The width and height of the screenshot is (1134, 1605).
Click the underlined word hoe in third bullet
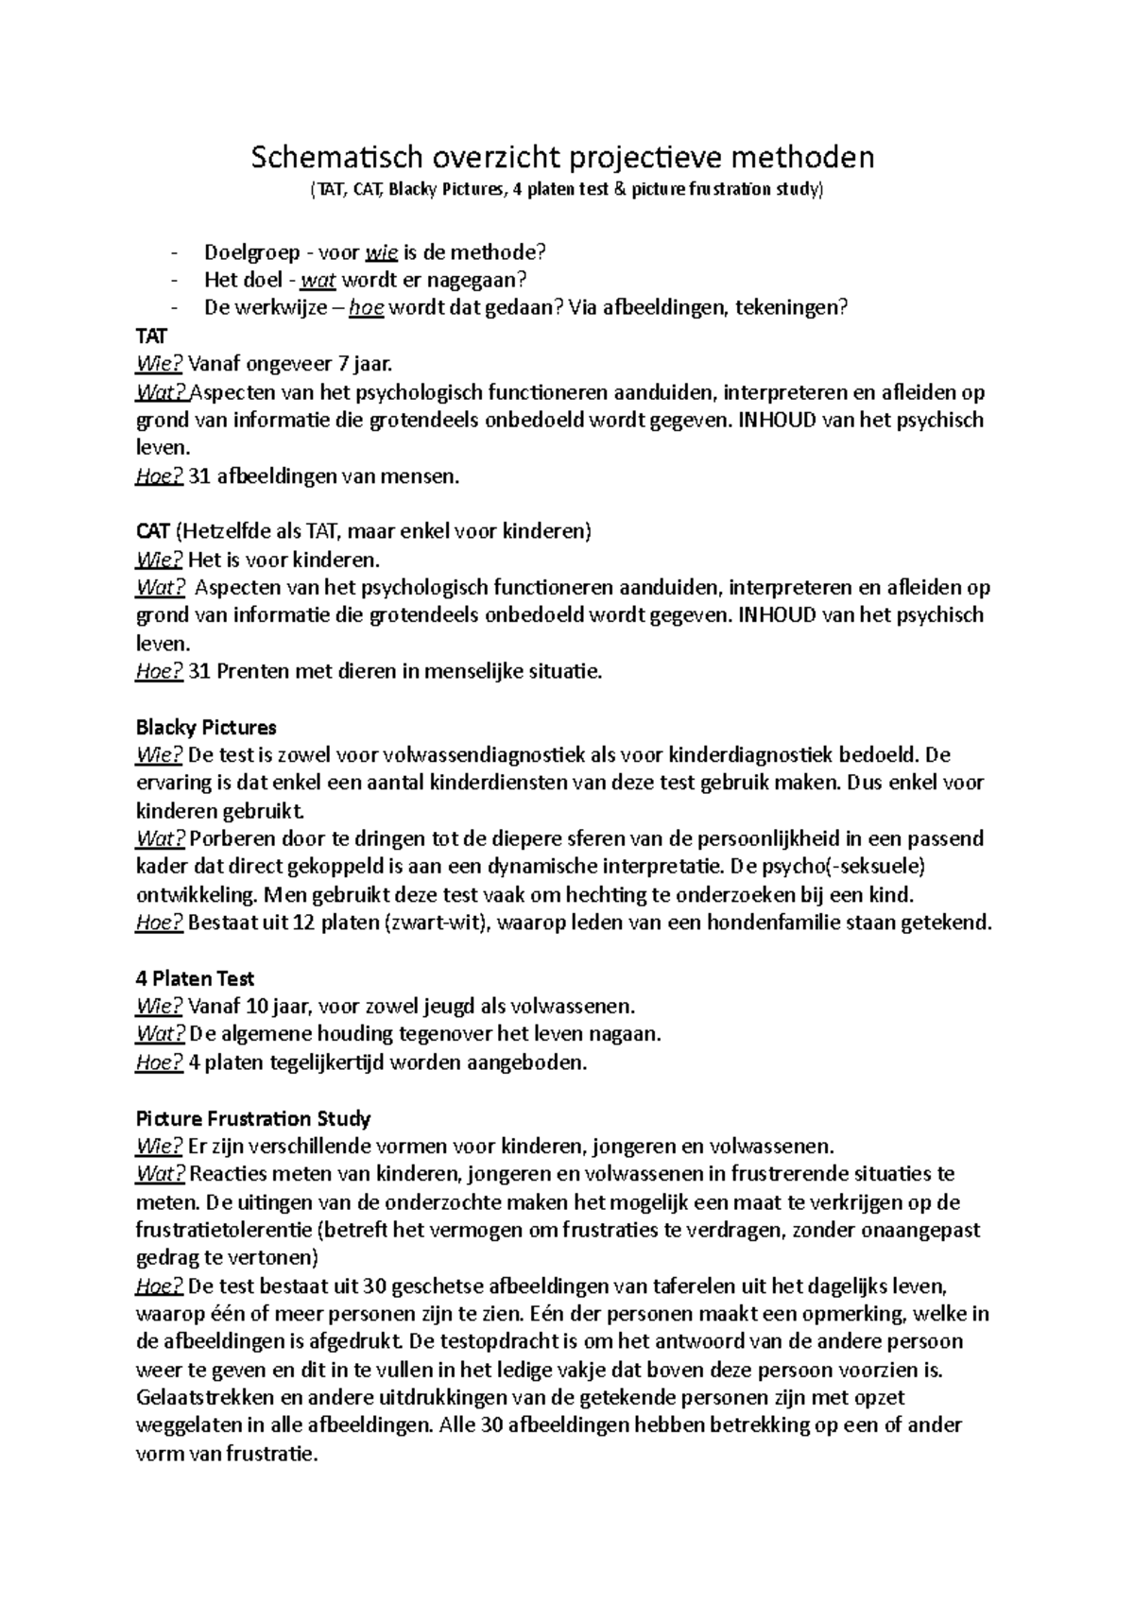(x=366, y=308)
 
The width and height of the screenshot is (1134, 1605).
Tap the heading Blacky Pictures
(x=206, y=727)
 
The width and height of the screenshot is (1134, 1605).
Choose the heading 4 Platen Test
(x=196, y=978)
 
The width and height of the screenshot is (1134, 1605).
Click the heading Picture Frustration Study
(x=253, y=1118)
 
